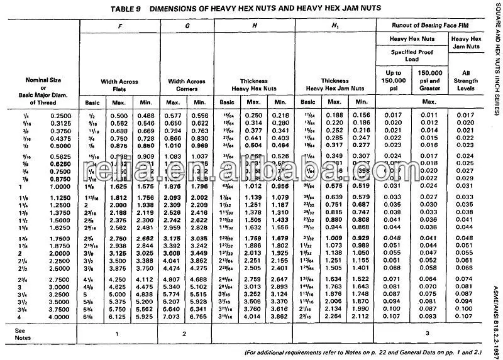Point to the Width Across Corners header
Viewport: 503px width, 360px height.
(x=187, y=85)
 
